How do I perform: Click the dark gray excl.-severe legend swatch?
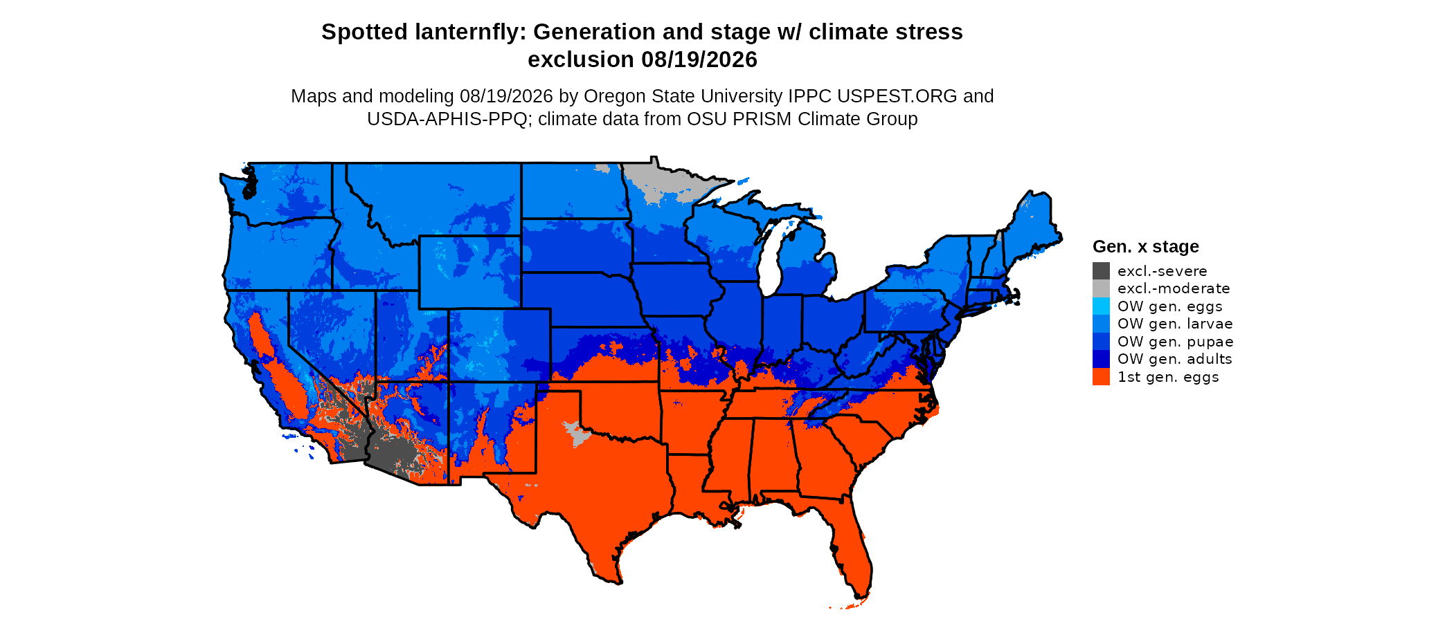click(1101, 271)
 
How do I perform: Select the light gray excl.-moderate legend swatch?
click(1101, 288)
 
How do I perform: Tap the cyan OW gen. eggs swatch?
click(1101, 306)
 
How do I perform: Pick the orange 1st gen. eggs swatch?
click(1101, 377)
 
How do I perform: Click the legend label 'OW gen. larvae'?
click(1175, 324)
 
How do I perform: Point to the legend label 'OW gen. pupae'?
click(1176, 342)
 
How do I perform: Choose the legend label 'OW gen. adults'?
click(1175, 359)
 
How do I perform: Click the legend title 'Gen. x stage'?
click(1146, 246)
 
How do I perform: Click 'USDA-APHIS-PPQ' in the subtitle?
click(447, 119)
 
